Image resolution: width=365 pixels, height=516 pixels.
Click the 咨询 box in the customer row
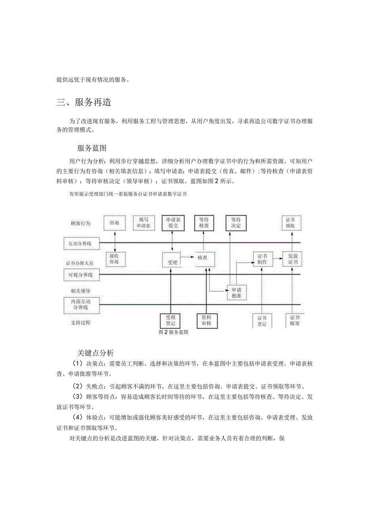coord(114,223)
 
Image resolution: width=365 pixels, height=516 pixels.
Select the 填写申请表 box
coord(143,223)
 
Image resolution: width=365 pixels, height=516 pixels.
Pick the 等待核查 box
coord(204,223)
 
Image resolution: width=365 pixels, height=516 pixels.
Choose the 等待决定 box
coord(236,223)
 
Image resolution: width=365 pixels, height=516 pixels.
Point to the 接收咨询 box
coord(114,259)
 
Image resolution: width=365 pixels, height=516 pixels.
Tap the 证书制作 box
coord(262,259)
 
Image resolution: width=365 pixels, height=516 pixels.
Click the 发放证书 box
coord(292,259)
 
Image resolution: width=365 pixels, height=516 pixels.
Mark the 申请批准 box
coord(236,293)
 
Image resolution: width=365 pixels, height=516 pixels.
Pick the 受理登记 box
coord(170,320)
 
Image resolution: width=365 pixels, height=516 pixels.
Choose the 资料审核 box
coord(206,320)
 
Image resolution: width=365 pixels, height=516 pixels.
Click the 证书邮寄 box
coord(294,320)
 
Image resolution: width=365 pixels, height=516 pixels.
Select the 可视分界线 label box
coord(81,275)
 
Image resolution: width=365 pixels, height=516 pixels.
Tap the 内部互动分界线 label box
coord(81,304)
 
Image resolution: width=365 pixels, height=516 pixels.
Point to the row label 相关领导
coord(81,291)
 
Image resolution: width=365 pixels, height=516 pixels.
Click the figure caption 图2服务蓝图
coord(173,332)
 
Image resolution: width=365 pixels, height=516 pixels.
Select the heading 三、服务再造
coord(84,102)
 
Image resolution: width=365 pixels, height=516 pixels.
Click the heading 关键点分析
coord(95,352)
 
